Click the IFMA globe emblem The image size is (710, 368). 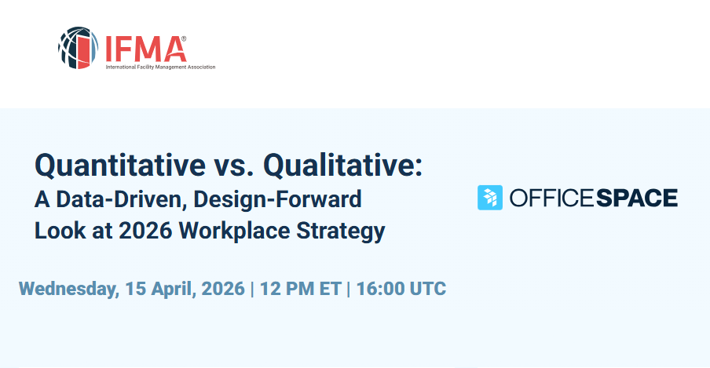78,48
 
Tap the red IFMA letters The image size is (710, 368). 144,49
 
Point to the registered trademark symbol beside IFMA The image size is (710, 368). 183,39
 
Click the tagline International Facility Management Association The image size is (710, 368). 160,67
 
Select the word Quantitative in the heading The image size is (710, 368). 120,166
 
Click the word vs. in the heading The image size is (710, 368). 234,166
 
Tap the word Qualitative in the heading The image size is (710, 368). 342,166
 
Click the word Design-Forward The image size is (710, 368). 277,199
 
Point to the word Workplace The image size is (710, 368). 234,231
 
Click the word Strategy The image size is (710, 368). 341,231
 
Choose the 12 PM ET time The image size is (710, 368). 300,289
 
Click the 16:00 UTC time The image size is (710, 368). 401,289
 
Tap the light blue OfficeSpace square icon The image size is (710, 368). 490,198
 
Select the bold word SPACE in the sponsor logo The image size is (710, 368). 637,198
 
